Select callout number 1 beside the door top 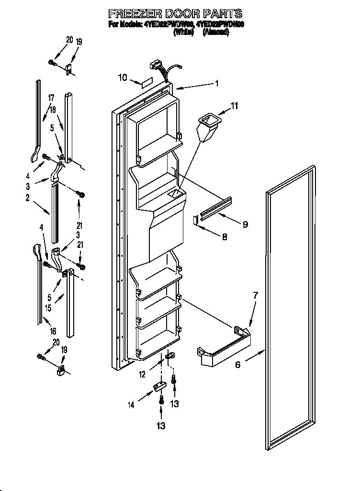tap(217, 83)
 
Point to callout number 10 tap(123, 77)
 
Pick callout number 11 tap(234, 105)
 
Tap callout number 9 tap(245, 224)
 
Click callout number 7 tap(255, 295)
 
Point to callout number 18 tap(53, 109)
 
